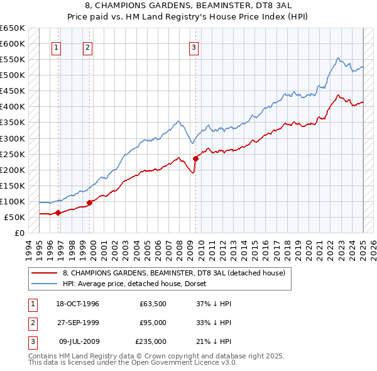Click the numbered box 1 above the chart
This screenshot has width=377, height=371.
pos(57,47)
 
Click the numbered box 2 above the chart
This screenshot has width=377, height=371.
pos(87,47)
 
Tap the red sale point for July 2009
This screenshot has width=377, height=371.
pos(195,158)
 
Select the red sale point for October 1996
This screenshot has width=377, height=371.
pos(58,213)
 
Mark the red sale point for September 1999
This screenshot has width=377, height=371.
pos(89,202)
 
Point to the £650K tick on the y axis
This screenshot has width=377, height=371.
pos(13,28)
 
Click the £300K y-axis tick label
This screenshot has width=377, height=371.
pos(13,138)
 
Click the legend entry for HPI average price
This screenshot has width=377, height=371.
pos(130,284)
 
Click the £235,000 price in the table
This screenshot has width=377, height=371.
pos(151,341)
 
